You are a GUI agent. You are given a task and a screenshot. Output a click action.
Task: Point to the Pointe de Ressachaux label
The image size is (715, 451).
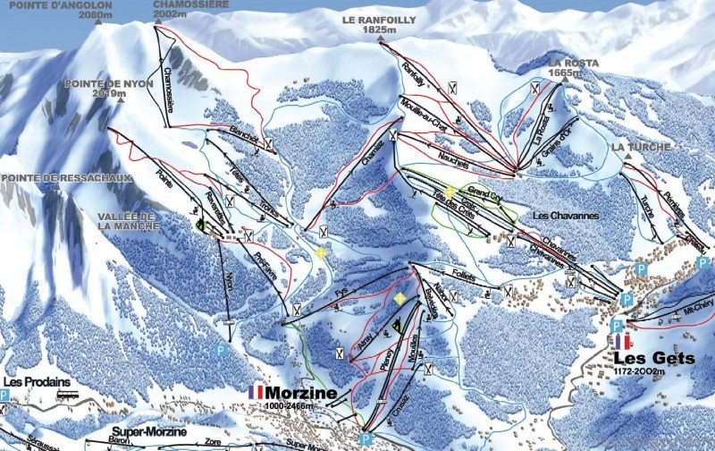click(x=66, y=178)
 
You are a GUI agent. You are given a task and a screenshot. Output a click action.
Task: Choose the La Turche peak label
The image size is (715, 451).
click(x=635, y=146)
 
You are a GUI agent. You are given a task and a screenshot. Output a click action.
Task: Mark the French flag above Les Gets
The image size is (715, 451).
click(x=622, y=341)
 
